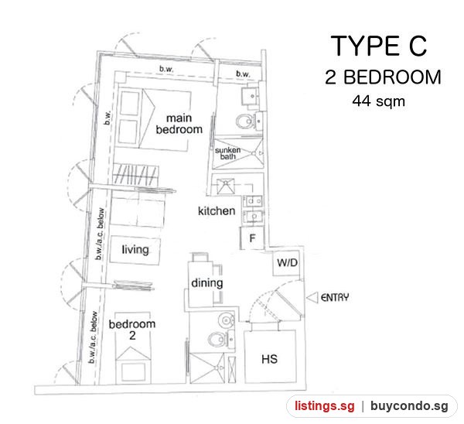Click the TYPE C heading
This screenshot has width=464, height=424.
coord(378,46)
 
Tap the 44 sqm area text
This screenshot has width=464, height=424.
coord(378,101)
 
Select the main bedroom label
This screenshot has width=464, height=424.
coord(179,124)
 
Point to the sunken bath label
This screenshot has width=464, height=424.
coord(227,153)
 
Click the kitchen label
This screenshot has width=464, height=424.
coord(217,211)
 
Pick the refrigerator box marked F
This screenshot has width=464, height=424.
coord(252,238)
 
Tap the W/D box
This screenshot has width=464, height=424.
coord(287,263)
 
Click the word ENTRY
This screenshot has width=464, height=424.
coord(335,297)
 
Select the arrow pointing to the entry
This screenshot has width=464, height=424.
coord(312,298)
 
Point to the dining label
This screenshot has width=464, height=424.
coord(206,283)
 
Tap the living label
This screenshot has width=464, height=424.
coord(135,250)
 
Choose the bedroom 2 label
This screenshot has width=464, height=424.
coord(132,330)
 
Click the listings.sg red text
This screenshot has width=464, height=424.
coord(324,406)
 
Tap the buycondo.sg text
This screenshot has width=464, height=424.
coord(409,406)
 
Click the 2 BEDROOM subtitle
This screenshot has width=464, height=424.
coord(383,77)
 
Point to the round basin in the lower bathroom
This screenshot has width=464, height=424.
coord(226,320)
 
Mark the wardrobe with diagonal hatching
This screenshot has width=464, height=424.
coord(135,176)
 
